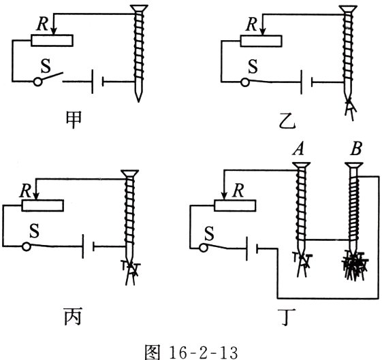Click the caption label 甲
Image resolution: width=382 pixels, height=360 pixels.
(74, 120)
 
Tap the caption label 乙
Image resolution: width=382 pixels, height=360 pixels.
(287, 120)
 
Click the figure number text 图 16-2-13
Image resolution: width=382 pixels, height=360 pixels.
(191, 352)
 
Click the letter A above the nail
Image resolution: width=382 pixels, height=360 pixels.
(298, 149)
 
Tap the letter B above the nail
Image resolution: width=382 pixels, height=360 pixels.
(356, 148)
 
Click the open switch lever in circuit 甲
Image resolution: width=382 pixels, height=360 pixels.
(52, 76)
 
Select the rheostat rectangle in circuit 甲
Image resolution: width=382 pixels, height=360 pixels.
(52, 40)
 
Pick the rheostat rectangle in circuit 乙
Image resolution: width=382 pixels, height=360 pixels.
(261, 41)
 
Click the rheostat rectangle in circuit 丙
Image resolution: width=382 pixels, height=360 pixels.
(43, 206)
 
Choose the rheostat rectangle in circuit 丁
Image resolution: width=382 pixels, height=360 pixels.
(235, 206)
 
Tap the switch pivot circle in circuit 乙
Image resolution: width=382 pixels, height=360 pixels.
(245, 82)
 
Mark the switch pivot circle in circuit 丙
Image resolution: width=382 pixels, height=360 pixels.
(27, 246)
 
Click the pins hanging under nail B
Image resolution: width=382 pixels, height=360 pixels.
(355, 267)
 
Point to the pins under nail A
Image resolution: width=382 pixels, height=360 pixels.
(302, 265)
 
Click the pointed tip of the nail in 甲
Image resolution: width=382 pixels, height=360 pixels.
(138, 102)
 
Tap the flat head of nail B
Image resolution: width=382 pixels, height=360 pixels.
(355, 165)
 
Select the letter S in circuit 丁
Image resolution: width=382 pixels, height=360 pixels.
(209, 233)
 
